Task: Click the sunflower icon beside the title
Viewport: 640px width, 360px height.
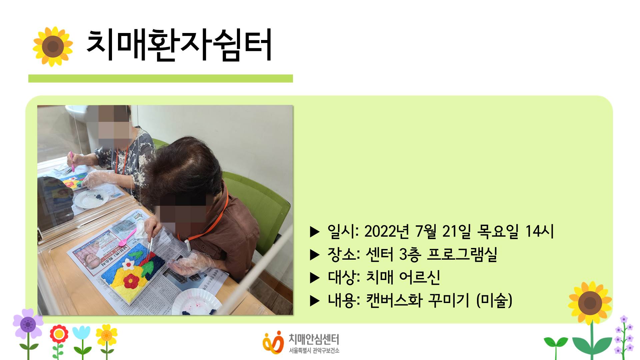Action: click(x=53, y=46)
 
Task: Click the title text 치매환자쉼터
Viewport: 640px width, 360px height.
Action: click(x=179, y=45)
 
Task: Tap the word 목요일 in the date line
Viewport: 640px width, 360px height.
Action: click(x=498, y=231)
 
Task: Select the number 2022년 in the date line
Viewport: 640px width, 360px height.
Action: click(x=387, y=231)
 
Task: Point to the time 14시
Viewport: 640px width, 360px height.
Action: click(x=539, y=231)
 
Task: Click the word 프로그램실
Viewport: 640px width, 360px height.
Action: click(x=462, y=254)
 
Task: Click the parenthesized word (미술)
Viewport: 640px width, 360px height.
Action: click(x=494, y=300)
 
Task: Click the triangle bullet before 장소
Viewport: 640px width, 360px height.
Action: click(x=315, y=255)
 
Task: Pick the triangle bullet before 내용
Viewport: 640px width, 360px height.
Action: click(x=315, y=301)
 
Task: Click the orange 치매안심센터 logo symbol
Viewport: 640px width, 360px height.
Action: click(x=273, y=342)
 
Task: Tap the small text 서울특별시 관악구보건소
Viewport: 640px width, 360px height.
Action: click(x=314, y=351)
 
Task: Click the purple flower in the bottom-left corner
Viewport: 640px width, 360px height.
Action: click(x=28, y=324)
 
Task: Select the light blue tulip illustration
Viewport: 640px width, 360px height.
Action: click(x=81, y=333)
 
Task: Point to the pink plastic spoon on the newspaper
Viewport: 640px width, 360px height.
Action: click(x=127, y=237)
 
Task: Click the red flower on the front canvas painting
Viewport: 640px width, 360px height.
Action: click(x=132, y=281)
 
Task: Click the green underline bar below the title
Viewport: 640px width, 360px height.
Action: click(x=160, y=78)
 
